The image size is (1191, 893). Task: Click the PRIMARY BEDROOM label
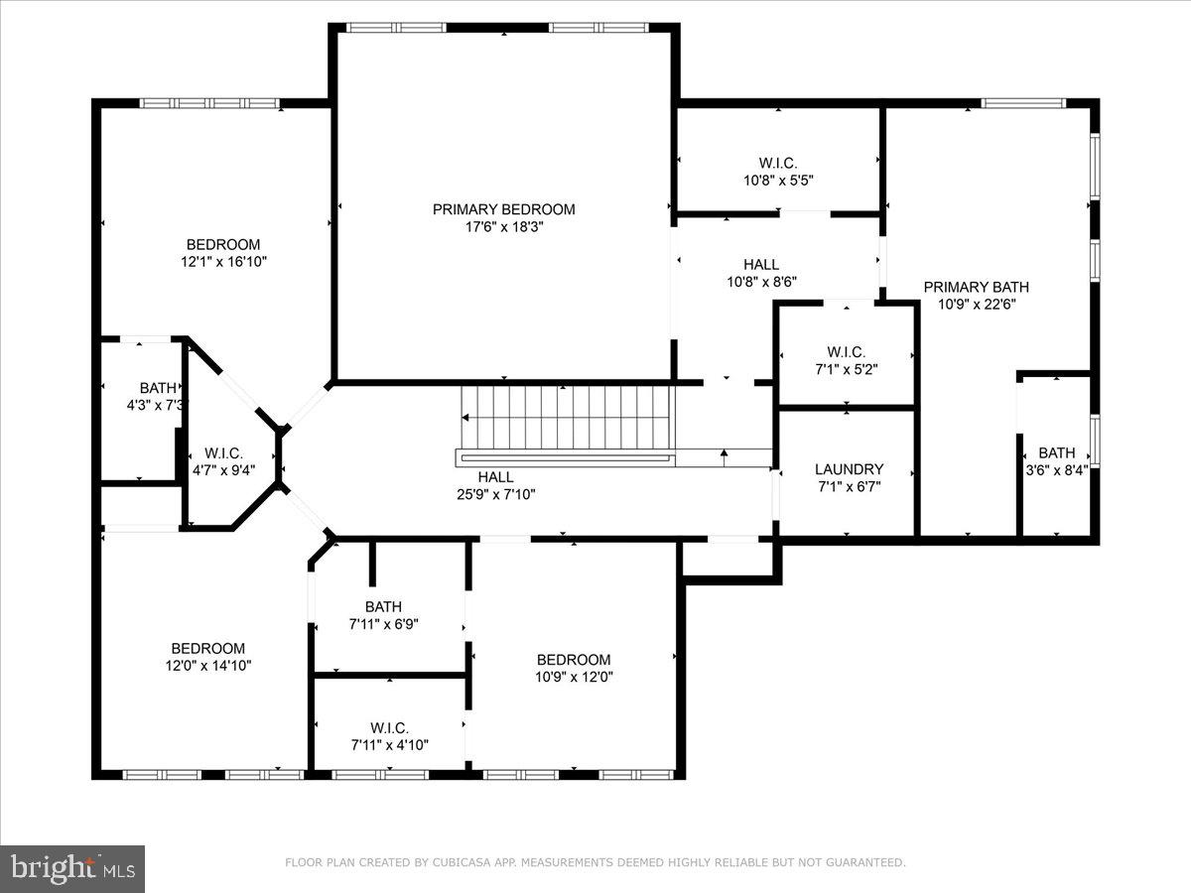point(503,209)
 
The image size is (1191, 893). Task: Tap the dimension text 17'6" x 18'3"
point(503,226)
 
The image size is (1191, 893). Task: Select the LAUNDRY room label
point(849,469)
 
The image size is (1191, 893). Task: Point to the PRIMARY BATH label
point(970,288)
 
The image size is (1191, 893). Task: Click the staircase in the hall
point(567,417)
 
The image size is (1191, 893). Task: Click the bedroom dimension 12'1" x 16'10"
point(223,262)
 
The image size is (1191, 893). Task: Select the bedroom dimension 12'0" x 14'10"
point(207,666)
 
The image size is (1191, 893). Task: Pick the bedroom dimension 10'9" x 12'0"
point(574,677)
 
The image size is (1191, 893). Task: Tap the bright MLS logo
point(72,868)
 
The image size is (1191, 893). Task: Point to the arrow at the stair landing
point(725,456)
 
